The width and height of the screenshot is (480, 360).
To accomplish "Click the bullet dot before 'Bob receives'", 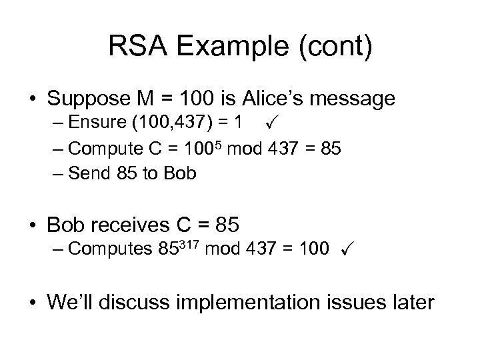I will (x=31, y=223).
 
